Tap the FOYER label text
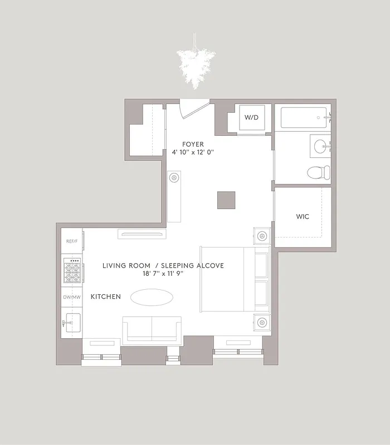(193, 145)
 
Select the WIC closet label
(303, 216)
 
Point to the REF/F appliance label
(71, 241)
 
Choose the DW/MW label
(71, 297)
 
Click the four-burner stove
(72, 271)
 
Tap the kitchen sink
(71, 323)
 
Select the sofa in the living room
(152, 330)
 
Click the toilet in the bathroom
(317, 172)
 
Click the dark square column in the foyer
(226, 200)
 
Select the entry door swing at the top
(194, 108)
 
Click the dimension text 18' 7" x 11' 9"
(163, 274)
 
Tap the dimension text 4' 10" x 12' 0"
(193, 152)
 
